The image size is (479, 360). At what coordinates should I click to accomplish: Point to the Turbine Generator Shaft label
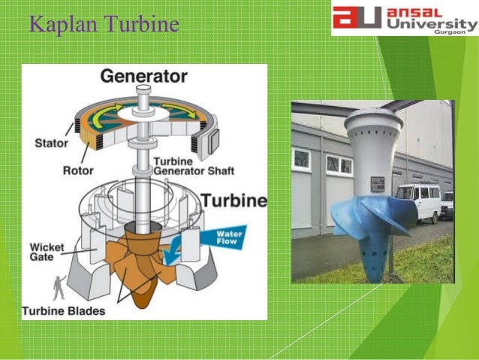tap(194, 166)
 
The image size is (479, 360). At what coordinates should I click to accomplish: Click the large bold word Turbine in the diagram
tap(232, 201)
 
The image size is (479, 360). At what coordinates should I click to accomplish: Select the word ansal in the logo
tap(421, 12)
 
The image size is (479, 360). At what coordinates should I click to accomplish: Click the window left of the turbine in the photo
tap(302, 158)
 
